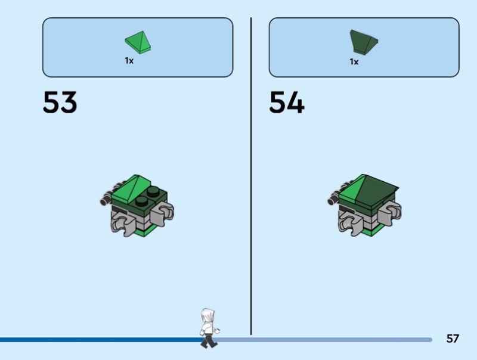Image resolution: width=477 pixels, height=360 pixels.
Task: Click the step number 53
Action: point(60,103)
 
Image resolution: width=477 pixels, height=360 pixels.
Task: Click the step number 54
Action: point(287,103)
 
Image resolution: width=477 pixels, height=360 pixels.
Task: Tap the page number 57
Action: point(453,339)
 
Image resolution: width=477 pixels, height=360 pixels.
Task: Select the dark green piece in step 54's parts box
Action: point(363,42)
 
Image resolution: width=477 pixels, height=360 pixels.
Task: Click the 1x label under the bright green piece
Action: point(129,61)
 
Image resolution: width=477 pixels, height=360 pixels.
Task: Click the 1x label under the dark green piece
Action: point(354,61)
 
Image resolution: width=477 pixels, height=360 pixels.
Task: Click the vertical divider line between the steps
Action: point(251,179)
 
